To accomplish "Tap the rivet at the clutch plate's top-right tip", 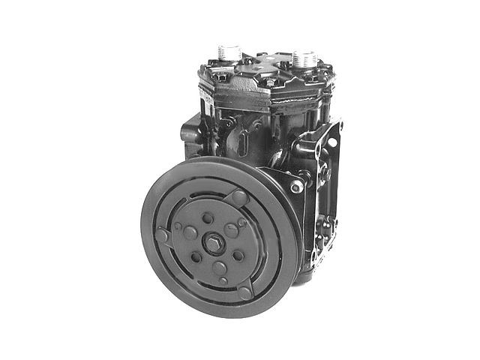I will click(x=240, y=197).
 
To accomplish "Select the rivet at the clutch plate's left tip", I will click(x=163, y=235).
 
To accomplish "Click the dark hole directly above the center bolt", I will click(x=207, y=217).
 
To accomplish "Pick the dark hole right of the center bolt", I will click(x=238, y=255).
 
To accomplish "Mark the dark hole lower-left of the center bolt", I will click(x=196, y=257).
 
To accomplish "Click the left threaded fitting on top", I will click(x=227, y=53).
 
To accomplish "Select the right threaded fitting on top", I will click(x=304, y=58).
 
